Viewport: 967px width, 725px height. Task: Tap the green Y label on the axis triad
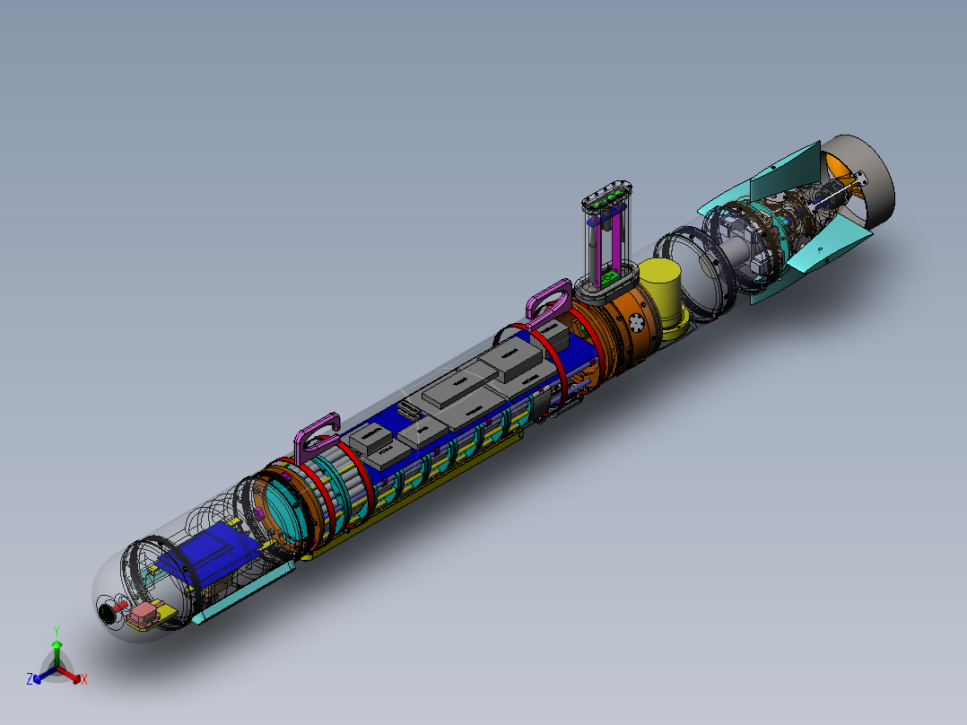pos(56,631)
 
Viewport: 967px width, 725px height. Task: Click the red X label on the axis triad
pos(83,680)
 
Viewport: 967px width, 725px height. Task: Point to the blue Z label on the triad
pos(30,680)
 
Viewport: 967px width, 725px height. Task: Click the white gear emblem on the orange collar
pos(635,322)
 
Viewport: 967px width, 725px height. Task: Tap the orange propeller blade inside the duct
pos(838,166)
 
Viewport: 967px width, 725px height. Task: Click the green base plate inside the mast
pos(609,277)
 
